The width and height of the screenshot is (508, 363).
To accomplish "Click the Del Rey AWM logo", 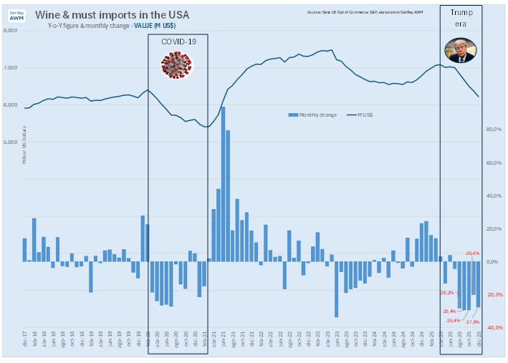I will (x=16, y=15).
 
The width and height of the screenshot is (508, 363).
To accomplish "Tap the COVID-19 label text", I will (x=178, y=42).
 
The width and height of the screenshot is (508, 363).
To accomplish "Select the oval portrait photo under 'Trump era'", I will (x=460, y=51).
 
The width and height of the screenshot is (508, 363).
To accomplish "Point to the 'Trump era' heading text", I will (x=461, y=19).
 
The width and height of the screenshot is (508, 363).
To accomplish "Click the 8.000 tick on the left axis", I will (x=11, y=31).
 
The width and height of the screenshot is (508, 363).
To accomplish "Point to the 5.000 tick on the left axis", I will (x=11, y=142).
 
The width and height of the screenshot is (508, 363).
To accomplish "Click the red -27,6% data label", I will (x=472, y=322).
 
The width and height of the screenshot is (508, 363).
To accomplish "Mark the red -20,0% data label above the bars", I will (x=472, y=253).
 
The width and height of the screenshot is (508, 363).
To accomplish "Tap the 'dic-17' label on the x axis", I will (x=24, y=342).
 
